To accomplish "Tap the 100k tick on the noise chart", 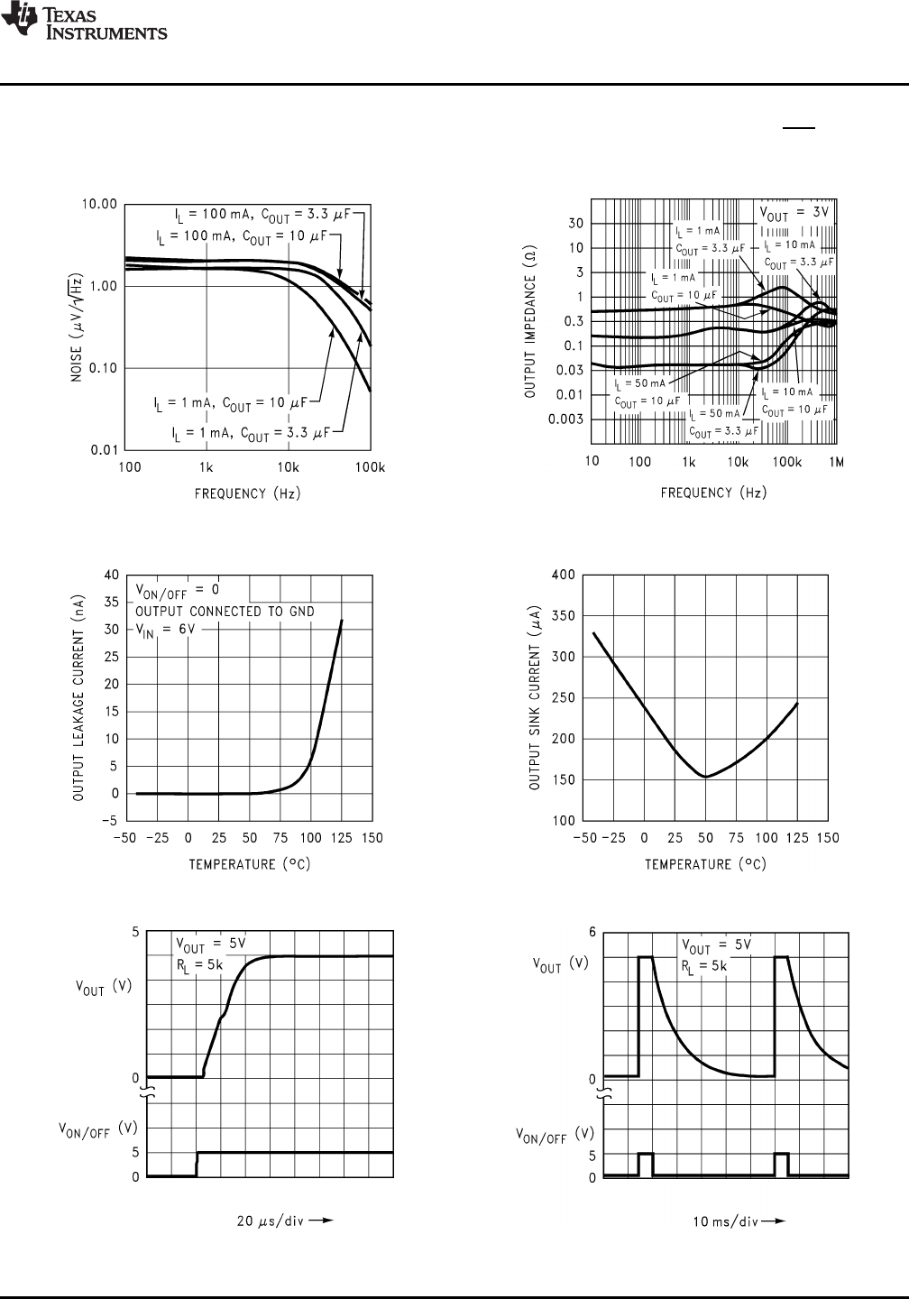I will point(369,467).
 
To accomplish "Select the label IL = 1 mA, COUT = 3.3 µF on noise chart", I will point(247,433).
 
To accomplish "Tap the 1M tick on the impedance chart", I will point(836,462).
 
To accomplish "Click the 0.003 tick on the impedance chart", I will point(565,419).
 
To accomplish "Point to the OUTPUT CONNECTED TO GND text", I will point(225,611).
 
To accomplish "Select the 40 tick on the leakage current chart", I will point(111,575).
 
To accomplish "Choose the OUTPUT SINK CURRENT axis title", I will point(534,696).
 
